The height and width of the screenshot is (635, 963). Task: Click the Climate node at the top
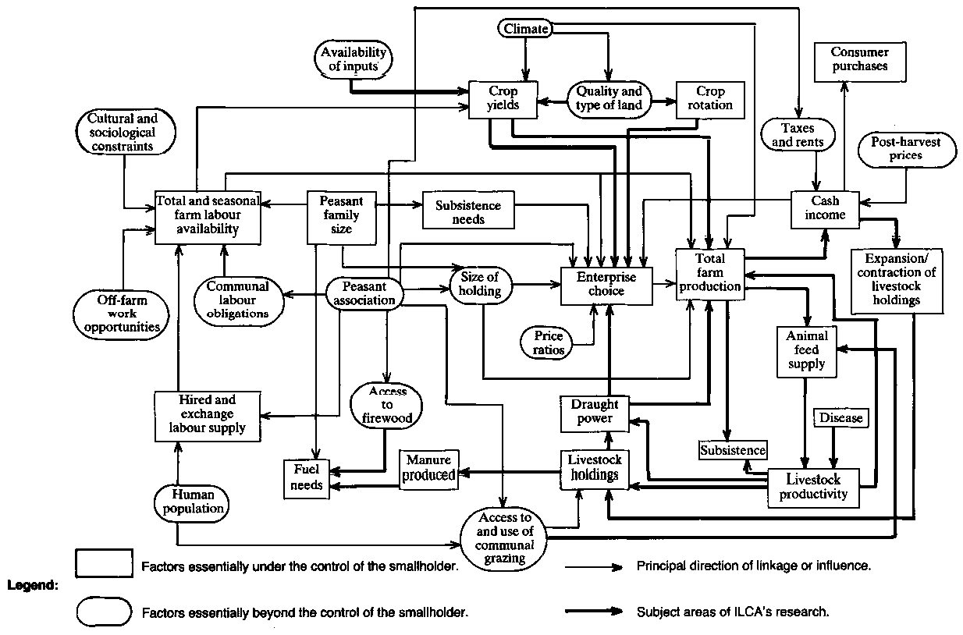[x=525, y=29]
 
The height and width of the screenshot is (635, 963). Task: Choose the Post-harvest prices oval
[x=907, y=149]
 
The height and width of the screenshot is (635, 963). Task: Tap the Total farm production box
[x=710, y=272]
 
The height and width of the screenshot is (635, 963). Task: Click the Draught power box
[x=594, y=412]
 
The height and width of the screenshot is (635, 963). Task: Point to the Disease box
[x=840, y=418]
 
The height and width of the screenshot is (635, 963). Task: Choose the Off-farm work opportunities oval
[x=123, y=312]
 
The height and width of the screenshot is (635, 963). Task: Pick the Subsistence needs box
[x=468, y=213]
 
